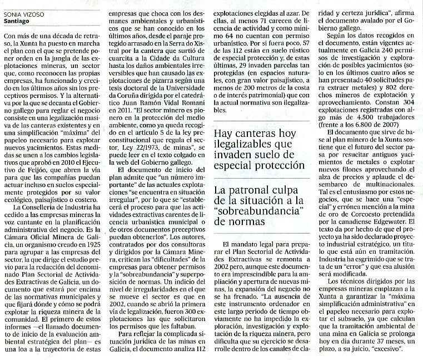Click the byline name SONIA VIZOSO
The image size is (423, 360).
(24, 14)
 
